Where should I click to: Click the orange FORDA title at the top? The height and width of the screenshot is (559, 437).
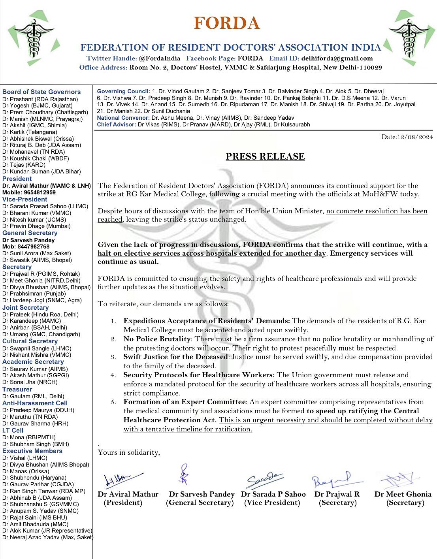(x=227, y=23)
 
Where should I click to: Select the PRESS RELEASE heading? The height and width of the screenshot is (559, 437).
(x=265, y=156)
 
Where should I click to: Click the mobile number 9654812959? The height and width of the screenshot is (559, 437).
(x=40, y=192)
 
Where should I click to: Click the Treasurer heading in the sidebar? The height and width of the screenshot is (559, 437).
(x=17, y=389)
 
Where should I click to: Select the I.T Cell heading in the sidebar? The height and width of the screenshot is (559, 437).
(x=13, y=430)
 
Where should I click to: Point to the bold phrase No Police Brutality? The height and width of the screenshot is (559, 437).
(x=157, y=339)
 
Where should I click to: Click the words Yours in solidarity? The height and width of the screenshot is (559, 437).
(x=129, y=452)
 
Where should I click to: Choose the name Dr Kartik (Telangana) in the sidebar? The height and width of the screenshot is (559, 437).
(x=30, y=132)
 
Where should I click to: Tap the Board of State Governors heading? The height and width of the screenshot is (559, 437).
(x=41, y=92)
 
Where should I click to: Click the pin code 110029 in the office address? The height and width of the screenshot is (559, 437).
(x=369, y=67)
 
